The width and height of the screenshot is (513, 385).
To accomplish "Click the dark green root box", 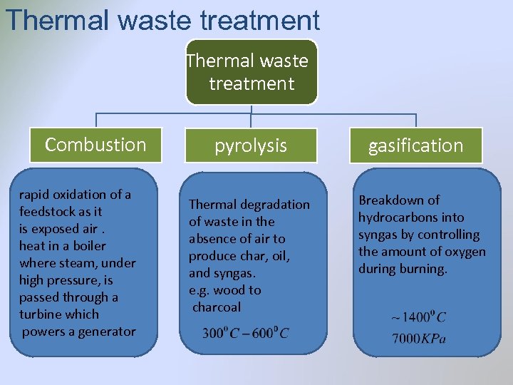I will [250, 72].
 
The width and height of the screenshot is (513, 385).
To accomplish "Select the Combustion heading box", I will [95, 145].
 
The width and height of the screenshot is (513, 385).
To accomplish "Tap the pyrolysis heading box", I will [251, 145].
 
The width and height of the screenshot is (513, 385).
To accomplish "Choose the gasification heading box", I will [415, 145].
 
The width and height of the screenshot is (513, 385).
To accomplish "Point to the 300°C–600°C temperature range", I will [245, 333].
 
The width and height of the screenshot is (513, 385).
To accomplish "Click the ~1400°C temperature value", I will [418, 317].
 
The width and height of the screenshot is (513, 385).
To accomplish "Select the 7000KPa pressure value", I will [418, 338].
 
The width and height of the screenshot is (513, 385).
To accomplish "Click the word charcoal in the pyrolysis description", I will [217, 307].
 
